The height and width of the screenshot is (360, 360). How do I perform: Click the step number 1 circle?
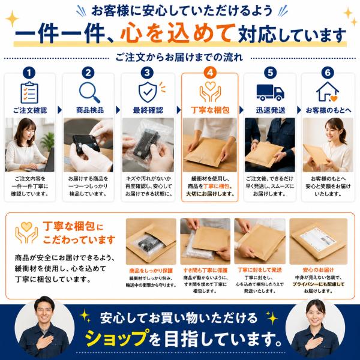coord(29,73)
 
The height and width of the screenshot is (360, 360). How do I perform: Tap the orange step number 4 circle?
coord(210,73)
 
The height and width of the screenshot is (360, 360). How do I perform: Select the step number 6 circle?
coord(328,73)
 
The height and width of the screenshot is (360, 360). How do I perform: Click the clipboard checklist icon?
coord(29,92)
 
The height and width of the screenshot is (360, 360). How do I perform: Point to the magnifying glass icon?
coord(89,92)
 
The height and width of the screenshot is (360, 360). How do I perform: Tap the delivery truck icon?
coord(270,92)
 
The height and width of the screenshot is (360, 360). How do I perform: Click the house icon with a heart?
coord(328,92)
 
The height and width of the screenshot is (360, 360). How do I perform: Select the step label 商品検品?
coord(90,110)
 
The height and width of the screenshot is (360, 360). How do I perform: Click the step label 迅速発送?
coord(271,110)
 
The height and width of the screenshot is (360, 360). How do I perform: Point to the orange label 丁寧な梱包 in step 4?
coord(210,110)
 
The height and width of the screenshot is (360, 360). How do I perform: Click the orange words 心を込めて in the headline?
coord(178,32)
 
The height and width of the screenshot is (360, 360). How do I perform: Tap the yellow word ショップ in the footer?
coord(116,338)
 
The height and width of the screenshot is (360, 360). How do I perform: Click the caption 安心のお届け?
coord(318,270)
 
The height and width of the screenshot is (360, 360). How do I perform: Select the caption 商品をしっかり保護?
coord(151,271)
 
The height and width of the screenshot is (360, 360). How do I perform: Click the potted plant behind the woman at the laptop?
coord(48,141)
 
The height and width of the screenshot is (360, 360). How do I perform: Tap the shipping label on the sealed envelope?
coord(318,238)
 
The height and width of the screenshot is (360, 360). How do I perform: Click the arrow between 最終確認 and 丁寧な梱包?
coord(179,110)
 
